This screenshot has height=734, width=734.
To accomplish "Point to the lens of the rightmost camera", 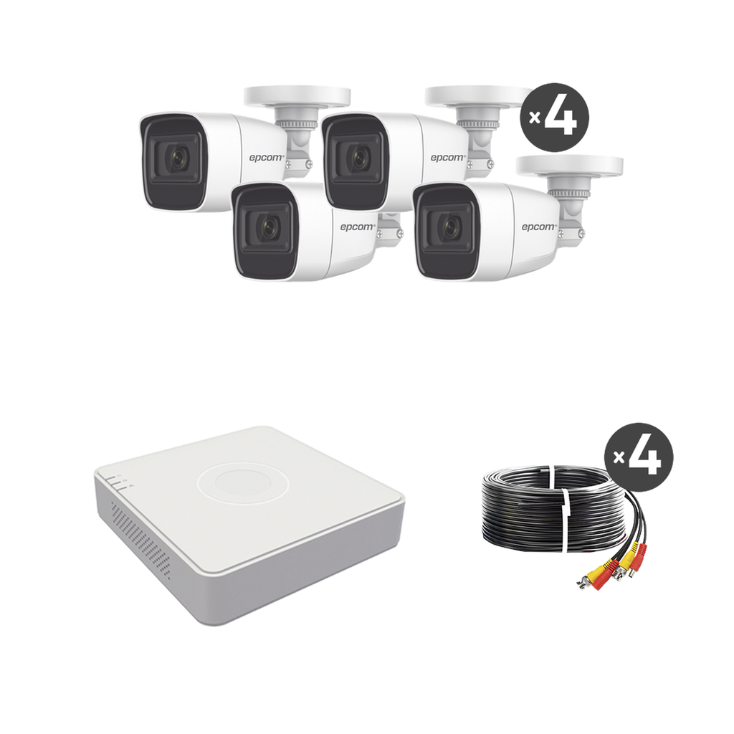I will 449,228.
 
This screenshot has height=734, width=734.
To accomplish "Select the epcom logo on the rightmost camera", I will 538,227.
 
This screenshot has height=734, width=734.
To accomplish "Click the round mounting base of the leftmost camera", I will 295,95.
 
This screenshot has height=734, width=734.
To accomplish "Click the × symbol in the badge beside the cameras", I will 534,118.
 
